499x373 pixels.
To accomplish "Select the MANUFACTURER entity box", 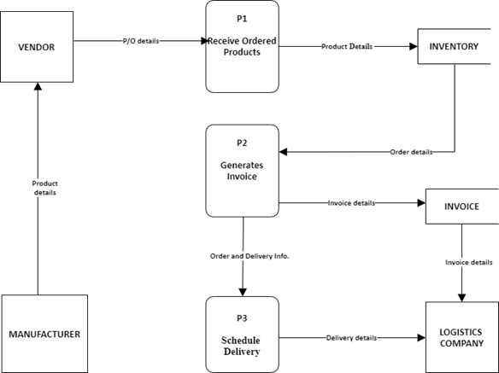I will pyautogui.click(x=44, y=334).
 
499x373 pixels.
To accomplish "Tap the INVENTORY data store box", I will pyautogui.click(x=453, y=46).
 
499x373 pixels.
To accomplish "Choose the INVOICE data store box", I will pyautogui.click(x=461, y=206).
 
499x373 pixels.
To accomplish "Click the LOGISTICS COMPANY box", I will pyautogui.click(x=461, y=337).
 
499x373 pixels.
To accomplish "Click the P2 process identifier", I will pyautogui.click(x=243, y=143).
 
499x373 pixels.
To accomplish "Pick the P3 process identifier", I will pyautogui.click(x=243, y=318).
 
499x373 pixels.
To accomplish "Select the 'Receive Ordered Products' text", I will pyautogui.click(x=243, y=45).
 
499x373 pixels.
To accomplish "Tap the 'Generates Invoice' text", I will pyautogui.click(x=243, y=171).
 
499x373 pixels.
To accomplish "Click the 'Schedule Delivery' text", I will pyautogui.click(x=243, y=345).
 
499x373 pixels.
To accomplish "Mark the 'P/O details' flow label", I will pyautogui.click(x=140, y=40).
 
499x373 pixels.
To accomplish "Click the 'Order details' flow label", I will pyautogui.click(x=411, y=152).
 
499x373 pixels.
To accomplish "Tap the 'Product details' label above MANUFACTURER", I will pyautogui.click(x=44, y=188).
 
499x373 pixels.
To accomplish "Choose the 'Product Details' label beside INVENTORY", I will pyautogui.click(x=347, y=46).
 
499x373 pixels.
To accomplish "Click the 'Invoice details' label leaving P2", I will pyautogui.click(x=351, y=203).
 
